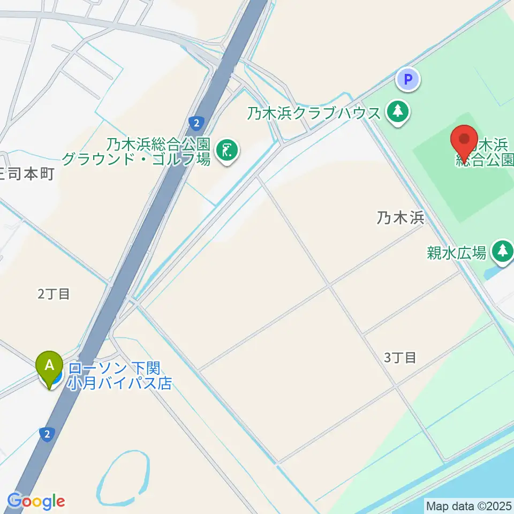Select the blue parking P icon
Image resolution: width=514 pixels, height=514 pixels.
click(x=408, y=80)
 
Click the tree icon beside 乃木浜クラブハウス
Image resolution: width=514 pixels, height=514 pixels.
click(x=397, y=112)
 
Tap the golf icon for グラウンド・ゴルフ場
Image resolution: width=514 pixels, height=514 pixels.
click(x=227, y=150)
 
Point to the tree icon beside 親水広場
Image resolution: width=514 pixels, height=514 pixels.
click(x=502, y=250)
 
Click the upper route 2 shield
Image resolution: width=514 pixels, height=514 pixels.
click(x=196, y=123)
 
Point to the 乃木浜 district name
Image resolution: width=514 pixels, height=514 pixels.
click(x=400, y=218)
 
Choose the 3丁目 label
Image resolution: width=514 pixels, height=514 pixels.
click(x=400, y=358)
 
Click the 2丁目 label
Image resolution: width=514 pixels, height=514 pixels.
click(x=54, y=293)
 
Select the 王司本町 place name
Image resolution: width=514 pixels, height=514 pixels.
click(x=27, y=175)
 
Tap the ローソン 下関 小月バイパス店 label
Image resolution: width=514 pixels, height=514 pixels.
click(x=118, y=376)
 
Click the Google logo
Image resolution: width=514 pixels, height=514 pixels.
click(x=35, y=501)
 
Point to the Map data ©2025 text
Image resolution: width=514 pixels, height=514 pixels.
click(x=469, y=505)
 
